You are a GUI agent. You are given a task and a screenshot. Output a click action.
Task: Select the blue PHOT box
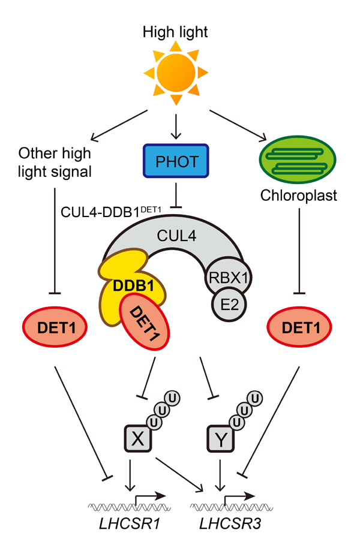(176, 161)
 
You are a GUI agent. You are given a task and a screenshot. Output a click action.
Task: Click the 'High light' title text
(176, 32)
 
